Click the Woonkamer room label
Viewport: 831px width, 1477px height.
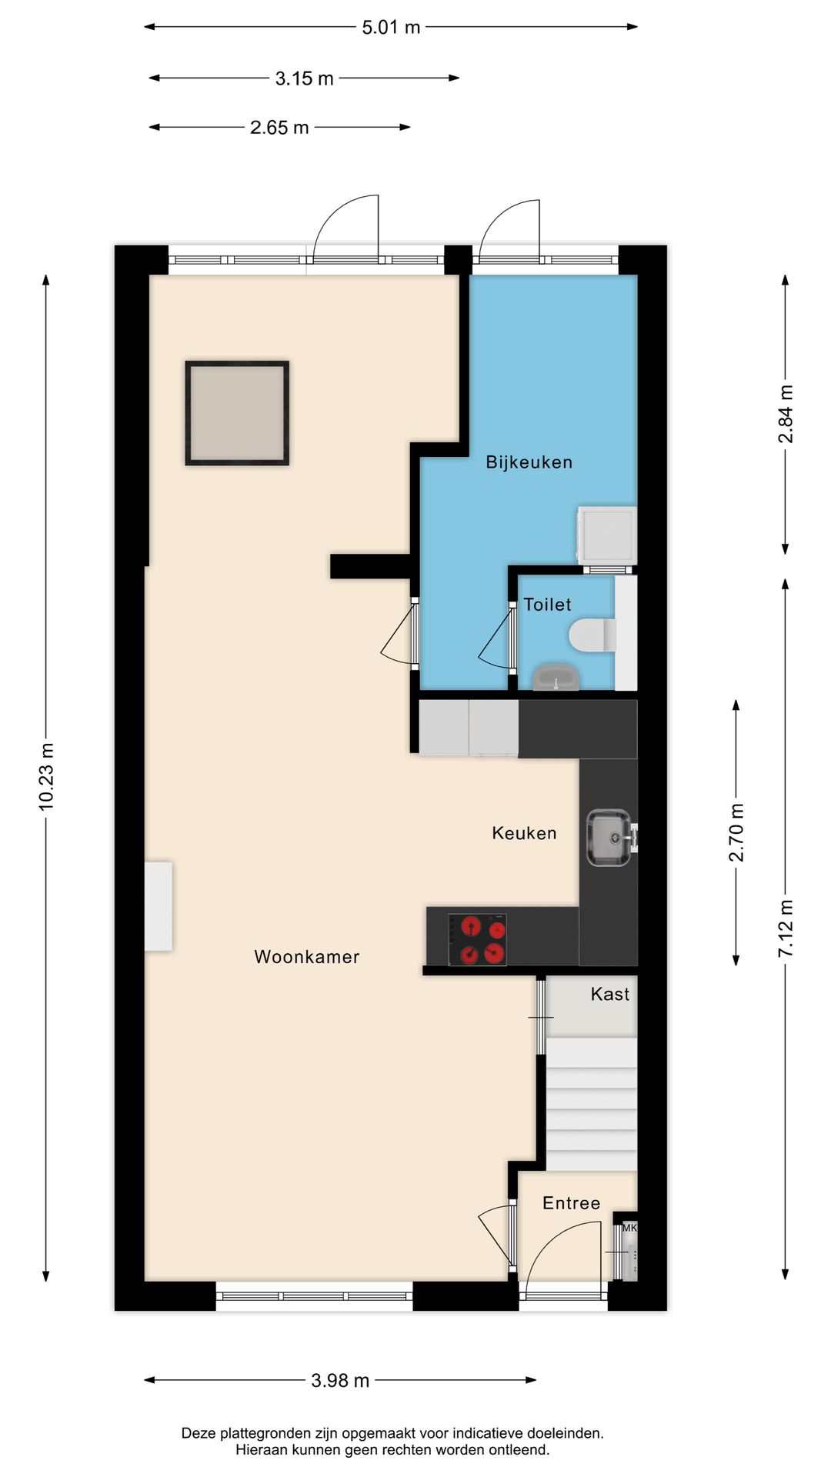coord(307,956)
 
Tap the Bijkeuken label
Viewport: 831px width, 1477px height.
coord(529,462)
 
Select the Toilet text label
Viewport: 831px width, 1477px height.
coord(547,605)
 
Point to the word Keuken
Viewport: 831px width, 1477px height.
coord(524,832)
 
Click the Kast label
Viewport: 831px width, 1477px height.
coord(610,994)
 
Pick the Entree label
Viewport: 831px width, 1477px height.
coord(571,1203)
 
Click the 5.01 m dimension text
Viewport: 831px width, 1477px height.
coord(391,28)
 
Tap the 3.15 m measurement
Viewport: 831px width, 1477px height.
coord(305,78)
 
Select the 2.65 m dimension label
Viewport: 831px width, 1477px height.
coord(279,128)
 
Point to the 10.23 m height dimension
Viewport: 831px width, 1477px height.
coord(47,776)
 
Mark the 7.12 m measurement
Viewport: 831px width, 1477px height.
coord(786,929)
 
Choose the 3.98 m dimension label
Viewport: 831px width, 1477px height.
coord(340,1380)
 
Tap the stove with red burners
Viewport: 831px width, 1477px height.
coord(477,939)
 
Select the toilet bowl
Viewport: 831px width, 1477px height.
coord(593,635)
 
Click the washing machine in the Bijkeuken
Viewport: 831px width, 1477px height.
coord(607,535)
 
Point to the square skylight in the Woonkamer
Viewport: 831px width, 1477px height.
coord(237,413)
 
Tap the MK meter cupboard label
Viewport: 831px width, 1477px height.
coord(629,1228)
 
